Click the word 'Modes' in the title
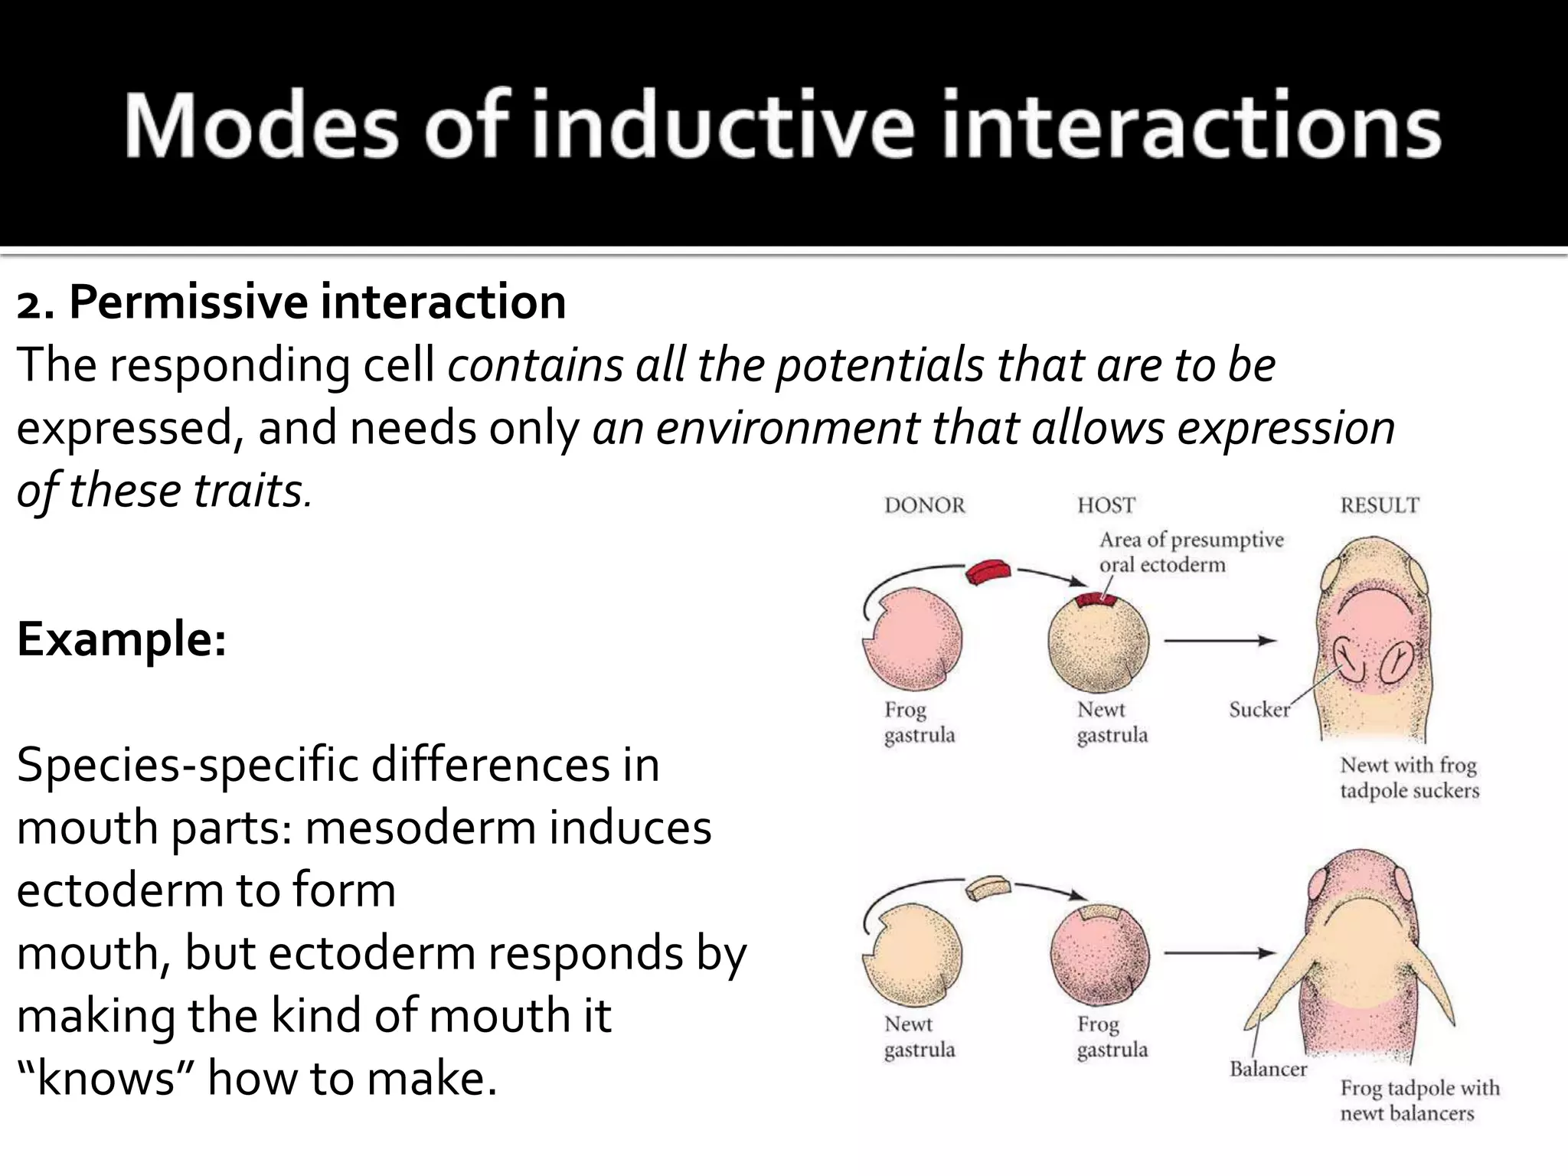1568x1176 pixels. pyautogui.click(x=261, y=126)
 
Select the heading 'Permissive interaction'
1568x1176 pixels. pyautogui.click(x=317, y=302)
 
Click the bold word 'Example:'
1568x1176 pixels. pyautogui.click(x=122, y=639)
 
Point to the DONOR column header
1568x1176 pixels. pyautogui.click(x=925, y=505)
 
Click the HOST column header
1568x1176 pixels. pyautogui.click(x=1106, y=505)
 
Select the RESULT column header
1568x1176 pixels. pyautogui.click(x=1380, y=505)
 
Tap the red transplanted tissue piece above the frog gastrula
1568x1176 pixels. pyautogui.click(x=988, y=572)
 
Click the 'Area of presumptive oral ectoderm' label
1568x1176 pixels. pyautogui.click(x=1191, y=552)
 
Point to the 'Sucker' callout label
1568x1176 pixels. pyautogui.click(x=1259, y=710)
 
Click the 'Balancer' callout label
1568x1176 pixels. pyautogui.click(x=1268, y=1069)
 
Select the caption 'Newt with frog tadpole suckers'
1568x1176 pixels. pyautogui.click(x=1410, y=777)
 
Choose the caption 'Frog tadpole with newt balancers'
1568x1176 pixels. pyautogui.click(x=1419, y=1100)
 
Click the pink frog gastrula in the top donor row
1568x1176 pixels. pyautogui.click(x=913, y=639)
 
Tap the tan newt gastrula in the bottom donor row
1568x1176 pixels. pyautogui.click(x=913, y=953)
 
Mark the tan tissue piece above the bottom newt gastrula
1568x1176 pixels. pyautogui.click(x=988, y=889)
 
